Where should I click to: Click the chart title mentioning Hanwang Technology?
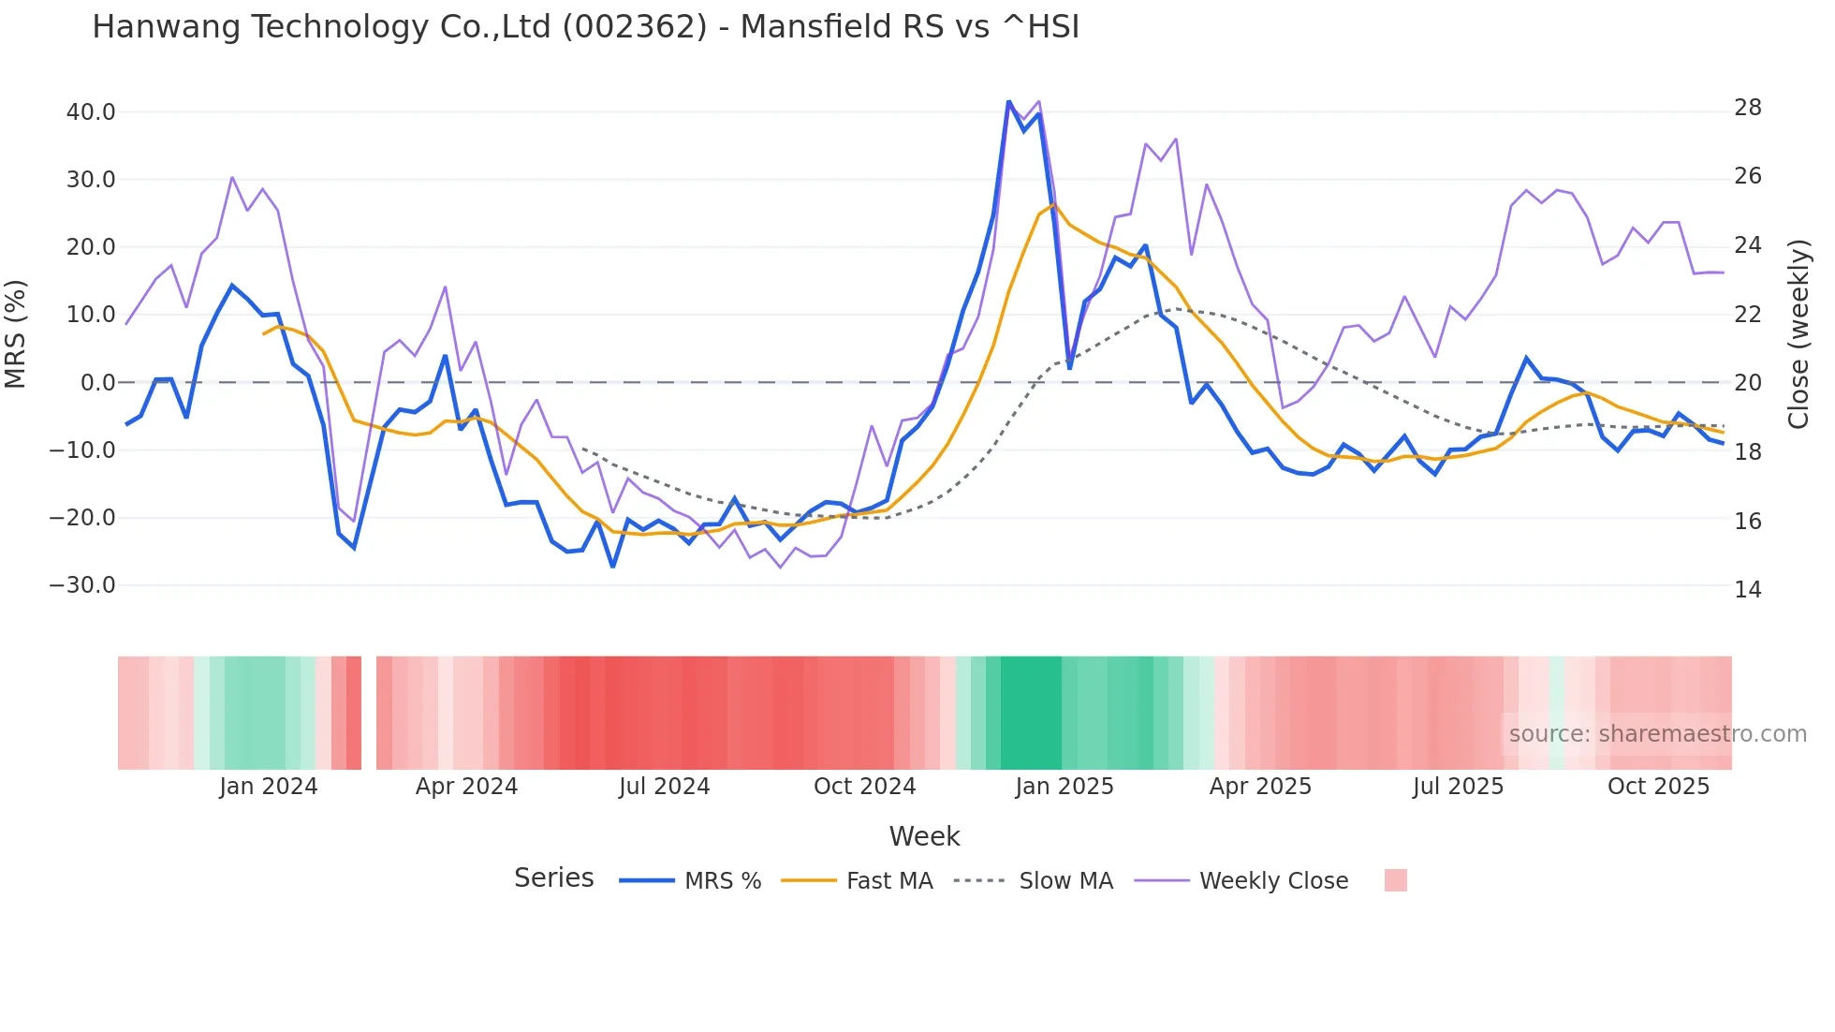(585, 27)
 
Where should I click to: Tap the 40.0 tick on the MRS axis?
(90, 112)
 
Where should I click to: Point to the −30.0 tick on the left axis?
(82, 585)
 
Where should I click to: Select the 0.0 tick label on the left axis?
(97, 383)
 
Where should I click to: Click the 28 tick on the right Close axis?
(1747, 108)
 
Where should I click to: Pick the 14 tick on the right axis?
(1747, 590)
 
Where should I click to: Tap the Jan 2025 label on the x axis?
(1064, 787)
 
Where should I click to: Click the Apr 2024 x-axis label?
(466, 787)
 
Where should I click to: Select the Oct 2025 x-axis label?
(1658, 787)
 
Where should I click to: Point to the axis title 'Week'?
(924, 836)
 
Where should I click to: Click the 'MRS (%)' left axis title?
(16, 333)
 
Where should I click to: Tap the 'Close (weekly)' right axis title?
(1798, 333)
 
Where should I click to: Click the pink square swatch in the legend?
(1395, 880)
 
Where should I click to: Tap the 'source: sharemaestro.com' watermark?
(1657, 734)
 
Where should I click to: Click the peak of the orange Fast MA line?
(1053, 205)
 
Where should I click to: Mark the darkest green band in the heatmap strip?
(1031, 713)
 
